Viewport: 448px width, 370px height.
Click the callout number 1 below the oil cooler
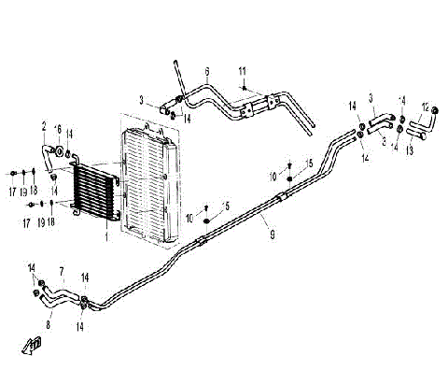pos(108,237)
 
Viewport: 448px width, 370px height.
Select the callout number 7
pos(62,272)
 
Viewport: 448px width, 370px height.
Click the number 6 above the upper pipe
pos(206,71)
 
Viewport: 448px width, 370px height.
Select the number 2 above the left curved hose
pos(43,125)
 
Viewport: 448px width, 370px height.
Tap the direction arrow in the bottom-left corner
pos(35,345)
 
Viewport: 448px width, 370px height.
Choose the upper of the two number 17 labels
pos(13,192)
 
